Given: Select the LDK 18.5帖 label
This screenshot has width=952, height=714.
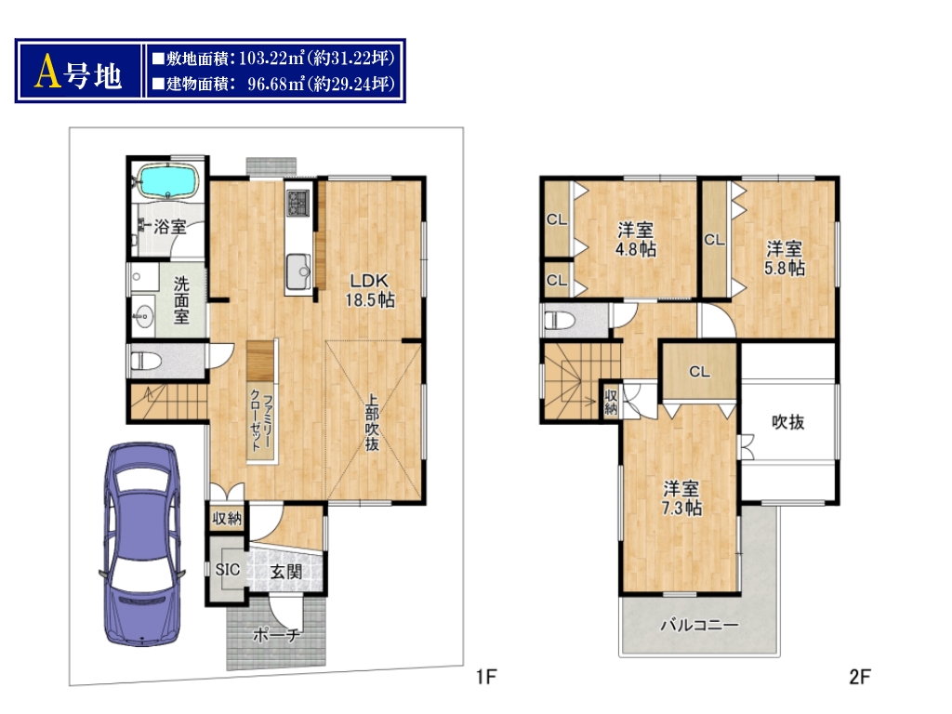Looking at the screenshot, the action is (370, 290).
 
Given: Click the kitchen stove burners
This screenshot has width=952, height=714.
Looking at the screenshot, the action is (298, 202).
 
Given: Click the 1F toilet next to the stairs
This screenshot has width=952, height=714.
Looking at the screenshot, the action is (146, 362).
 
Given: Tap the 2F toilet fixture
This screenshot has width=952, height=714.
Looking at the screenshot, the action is (559, 320).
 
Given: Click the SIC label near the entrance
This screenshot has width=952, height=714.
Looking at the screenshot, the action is (228, 570).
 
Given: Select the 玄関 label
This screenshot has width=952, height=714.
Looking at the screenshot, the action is (286, 572).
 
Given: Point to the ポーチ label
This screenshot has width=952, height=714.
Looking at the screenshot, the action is (275, 635).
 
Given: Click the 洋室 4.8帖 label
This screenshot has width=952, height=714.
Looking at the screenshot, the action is (636, 239).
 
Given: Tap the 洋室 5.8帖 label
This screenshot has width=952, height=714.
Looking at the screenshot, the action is (785, 258).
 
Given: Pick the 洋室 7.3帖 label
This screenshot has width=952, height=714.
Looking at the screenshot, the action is (681, 498).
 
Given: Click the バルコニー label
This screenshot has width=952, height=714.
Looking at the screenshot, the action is (699, 625).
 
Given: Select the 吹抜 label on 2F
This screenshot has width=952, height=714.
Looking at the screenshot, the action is (788, 422).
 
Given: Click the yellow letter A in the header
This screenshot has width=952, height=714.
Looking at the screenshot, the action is (48, 72).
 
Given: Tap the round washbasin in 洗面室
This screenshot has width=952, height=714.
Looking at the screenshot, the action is (144, 315).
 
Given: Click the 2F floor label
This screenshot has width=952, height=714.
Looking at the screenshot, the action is (860, 676).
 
